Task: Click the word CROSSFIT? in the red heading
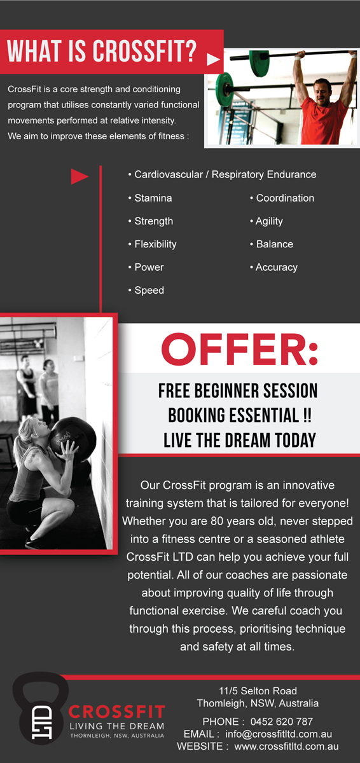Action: coord(144,51)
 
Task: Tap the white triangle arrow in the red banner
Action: coord(213,59)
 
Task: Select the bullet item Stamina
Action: coord(150,198)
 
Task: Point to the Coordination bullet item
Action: coord(282,198)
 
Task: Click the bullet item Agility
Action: coord(267,221)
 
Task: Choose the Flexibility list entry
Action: coord(153,244)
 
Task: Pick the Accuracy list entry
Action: coord(274,268)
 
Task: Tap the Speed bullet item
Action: coord(146,291)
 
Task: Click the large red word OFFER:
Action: coord(239,350)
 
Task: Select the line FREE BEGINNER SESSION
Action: coord(238,390)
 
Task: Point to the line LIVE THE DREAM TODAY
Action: coord(240,440)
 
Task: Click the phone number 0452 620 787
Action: coord(282,722)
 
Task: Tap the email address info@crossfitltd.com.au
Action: coord(279,734)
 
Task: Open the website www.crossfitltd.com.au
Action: coord(286,746)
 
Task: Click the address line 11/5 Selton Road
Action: coord(258,691)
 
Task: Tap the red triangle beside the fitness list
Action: coord(80,177)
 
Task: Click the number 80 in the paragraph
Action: coord(217,521)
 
